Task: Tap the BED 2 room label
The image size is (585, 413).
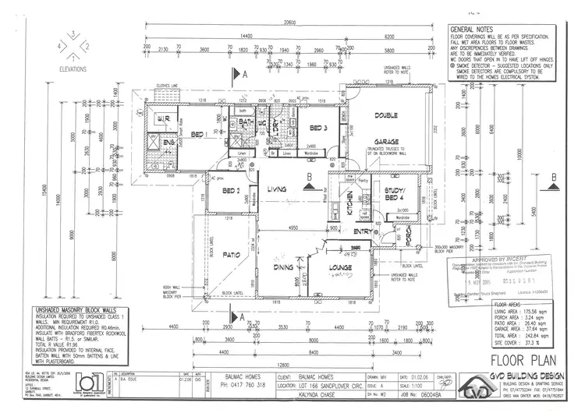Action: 232,191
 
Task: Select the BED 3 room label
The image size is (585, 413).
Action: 317,128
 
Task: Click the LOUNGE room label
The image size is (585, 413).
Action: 342,270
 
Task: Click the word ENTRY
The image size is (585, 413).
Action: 363,231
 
